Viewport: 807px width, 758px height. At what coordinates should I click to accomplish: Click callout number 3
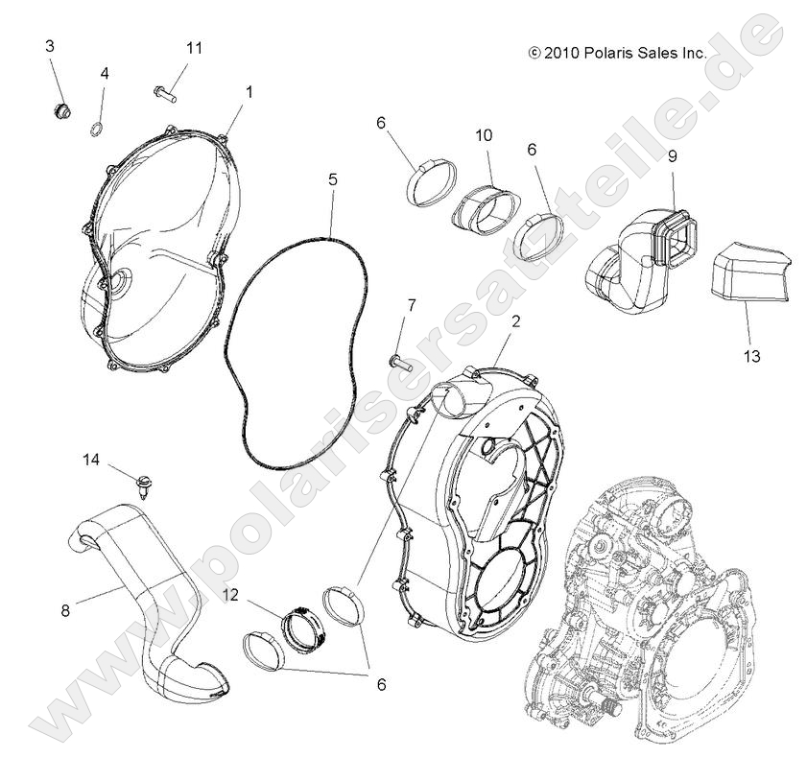[50, 46]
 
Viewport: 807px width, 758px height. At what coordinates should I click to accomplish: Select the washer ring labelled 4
[98, 130]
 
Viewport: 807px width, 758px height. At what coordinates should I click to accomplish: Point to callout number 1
[249, 92]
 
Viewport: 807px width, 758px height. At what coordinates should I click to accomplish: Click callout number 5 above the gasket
[332, 178]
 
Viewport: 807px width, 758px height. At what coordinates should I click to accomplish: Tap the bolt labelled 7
[399, 362]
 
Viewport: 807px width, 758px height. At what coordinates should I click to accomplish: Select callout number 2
[515, 321]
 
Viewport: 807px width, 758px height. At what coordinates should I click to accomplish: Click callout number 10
[484, 135]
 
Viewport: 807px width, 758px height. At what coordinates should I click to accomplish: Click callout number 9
[673, 155]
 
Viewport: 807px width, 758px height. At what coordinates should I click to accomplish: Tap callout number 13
[751, 356]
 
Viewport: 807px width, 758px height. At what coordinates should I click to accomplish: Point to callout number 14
[90, 460]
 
